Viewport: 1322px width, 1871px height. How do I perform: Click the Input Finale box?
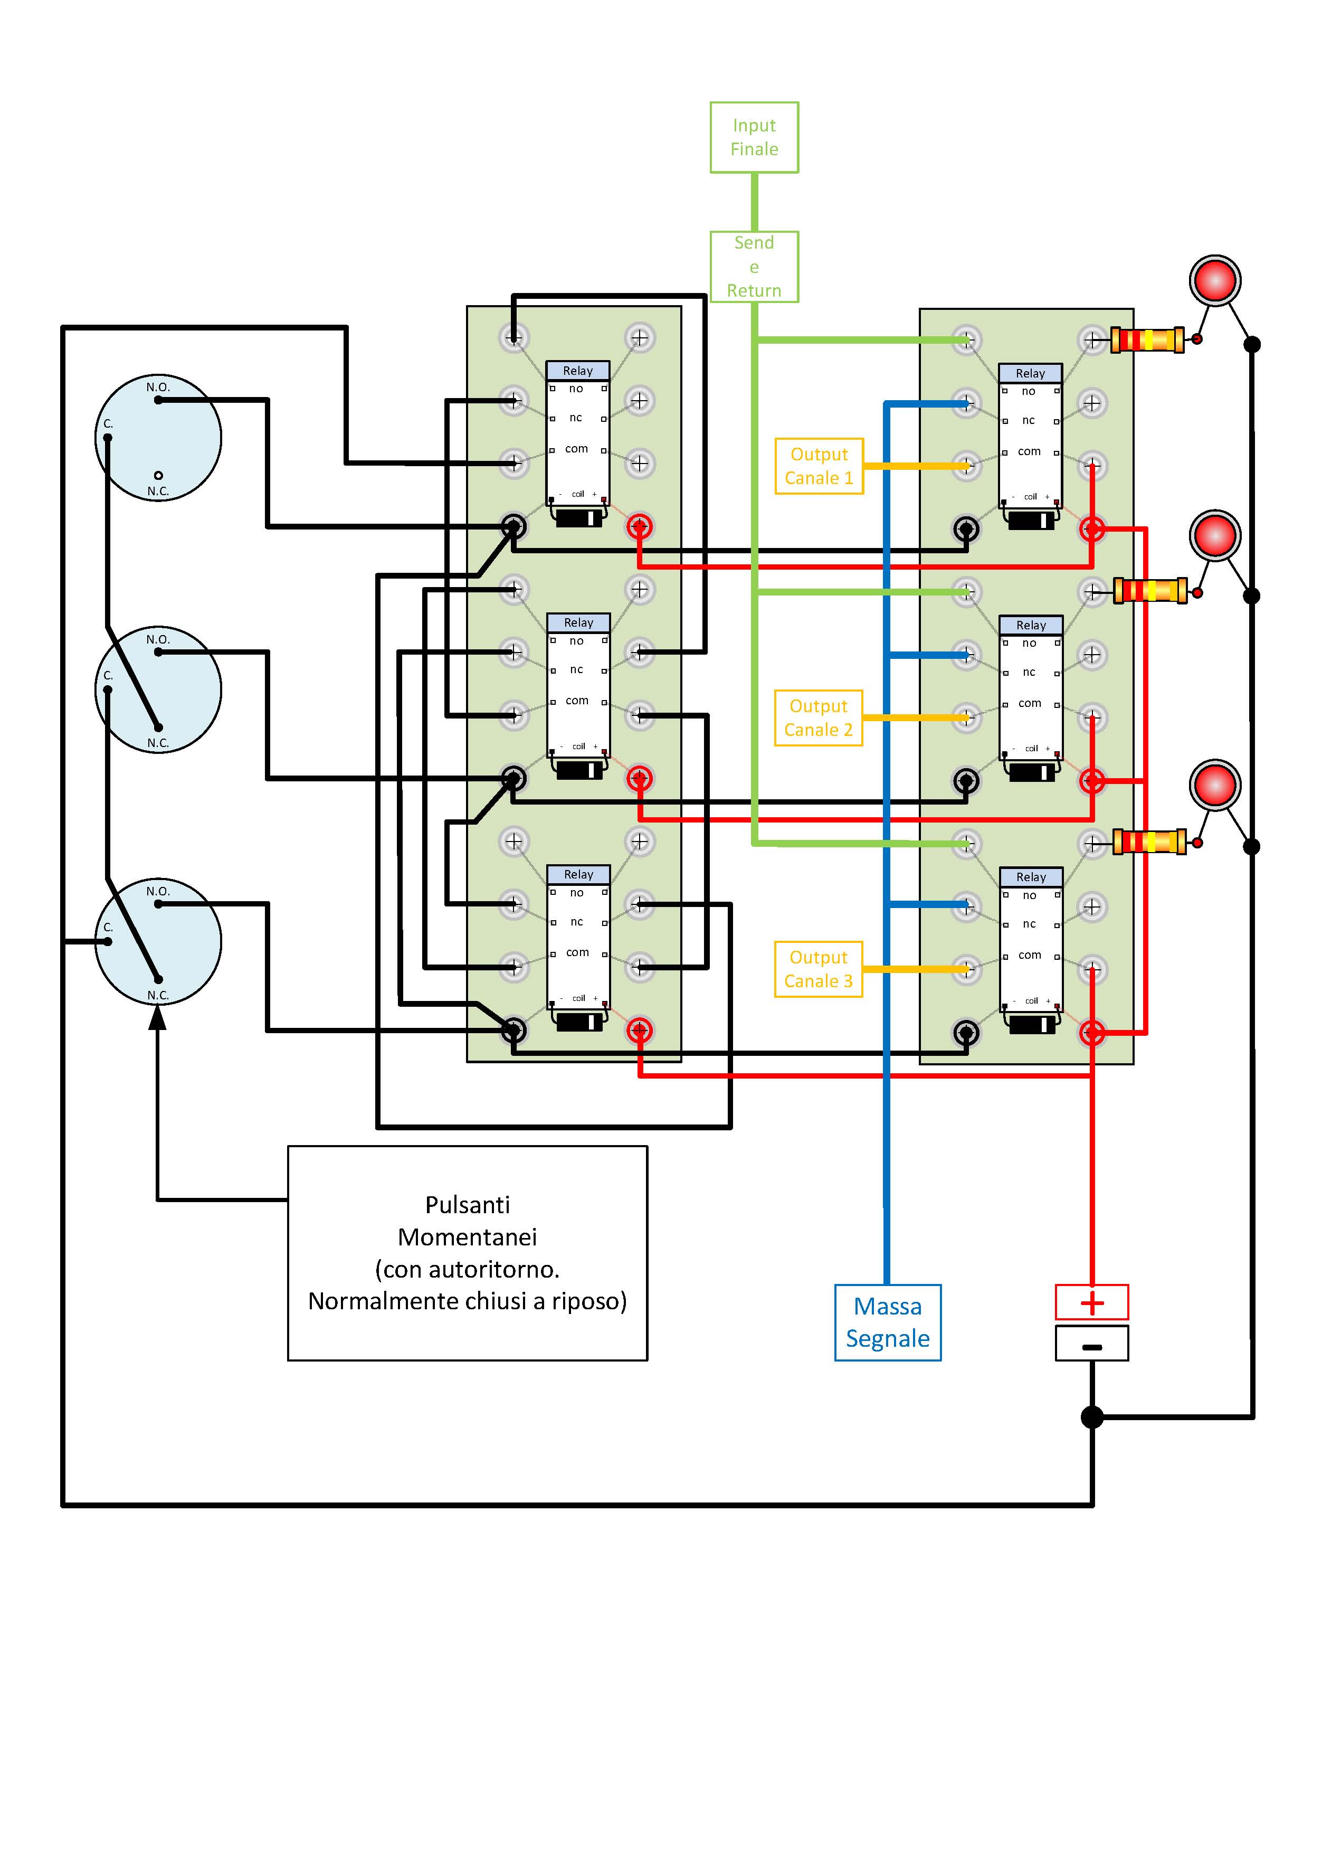click(754, 137)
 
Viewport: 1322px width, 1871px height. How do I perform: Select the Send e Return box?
click(754, 267)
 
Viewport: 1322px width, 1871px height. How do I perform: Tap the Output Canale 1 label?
click(819, 466)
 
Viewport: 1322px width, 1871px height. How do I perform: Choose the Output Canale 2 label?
click(819, 718)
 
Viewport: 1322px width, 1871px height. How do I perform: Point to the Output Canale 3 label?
click(819, 969)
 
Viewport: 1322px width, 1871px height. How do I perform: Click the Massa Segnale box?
click(888, 1322)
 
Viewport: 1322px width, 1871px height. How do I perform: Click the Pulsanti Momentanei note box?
click(468, 1253)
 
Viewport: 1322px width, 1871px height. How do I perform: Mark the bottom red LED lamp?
click(1214, 785)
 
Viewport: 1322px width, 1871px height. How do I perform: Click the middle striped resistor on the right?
click(1150, 590)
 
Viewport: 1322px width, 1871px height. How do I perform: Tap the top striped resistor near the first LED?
click(1148, 339)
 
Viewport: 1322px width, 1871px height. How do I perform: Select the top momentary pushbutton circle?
click(158, 438)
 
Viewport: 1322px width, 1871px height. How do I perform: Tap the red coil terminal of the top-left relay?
click(640, 526)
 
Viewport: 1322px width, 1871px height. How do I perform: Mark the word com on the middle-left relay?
click(577, 701)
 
